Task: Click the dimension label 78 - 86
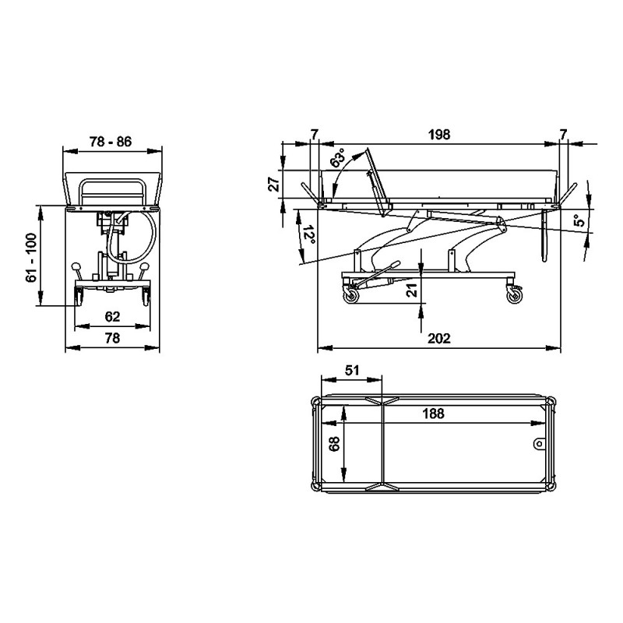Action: point(111,142)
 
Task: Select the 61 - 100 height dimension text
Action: point(31,258)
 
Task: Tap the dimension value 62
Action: point(112,316)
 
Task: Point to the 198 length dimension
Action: point(439,134)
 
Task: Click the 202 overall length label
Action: point(439,338)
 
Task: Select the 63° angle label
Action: point(339,158)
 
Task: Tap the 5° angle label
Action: point(580,220)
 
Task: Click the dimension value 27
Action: point(275,185)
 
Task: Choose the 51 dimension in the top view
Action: point(352,371)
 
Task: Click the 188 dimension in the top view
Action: point(433,414)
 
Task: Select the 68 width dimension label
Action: point(335,444)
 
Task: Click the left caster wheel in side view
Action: point(351,296)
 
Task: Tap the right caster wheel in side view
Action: point(515,296)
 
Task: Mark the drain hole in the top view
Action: point(539,443)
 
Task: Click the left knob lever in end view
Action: point(77,270)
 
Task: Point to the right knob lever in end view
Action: point(144,270)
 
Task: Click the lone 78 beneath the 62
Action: point(112,338)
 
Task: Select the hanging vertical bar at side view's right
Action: point(544,235)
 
